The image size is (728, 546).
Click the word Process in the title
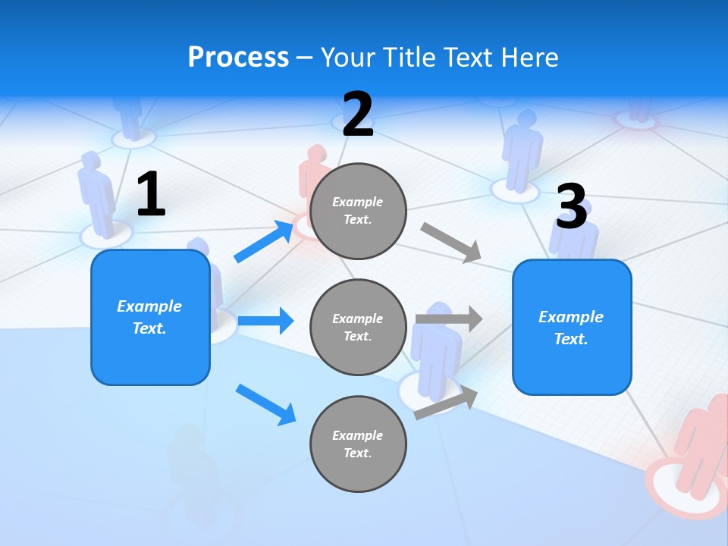pos(238,57)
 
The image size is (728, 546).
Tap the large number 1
pos(151,194)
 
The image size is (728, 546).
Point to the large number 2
pos(358,115)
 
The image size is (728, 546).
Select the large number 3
pos(571,207)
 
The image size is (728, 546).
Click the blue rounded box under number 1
pos(150,317)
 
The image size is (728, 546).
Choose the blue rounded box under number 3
pos(572,327)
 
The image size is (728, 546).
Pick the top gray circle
pos(358,211)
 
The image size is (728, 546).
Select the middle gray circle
pos(358,327)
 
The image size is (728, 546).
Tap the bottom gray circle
pos(358,444)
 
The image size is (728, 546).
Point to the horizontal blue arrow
pos(265,321)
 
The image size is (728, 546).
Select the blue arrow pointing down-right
pos(266,404)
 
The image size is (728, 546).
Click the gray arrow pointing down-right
pos(451,243)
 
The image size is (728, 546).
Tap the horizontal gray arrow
pos(449,319)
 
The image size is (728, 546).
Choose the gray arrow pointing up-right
pos(447,402)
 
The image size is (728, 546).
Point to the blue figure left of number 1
pos(96,193)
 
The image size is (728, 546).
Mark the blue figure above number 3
pos(522,148)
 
